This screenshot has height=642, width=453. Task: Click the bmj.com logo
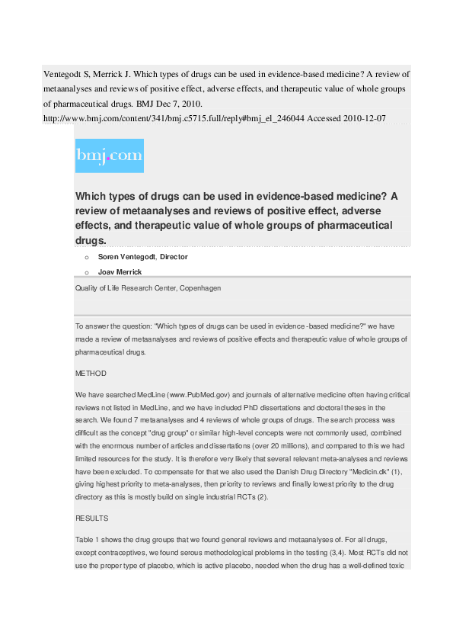[x=110, y=156]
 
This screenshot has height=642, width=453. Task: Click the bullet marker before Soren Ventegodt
[x=88, y=258]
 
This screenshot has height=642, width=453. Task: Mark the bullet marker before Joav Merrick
[x=88, y=272]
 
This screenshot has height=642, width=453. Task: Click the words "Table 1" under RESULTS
[x=88, y=538]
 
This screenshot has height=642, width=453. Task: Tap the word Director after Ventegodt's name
[x=174, y=257]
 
